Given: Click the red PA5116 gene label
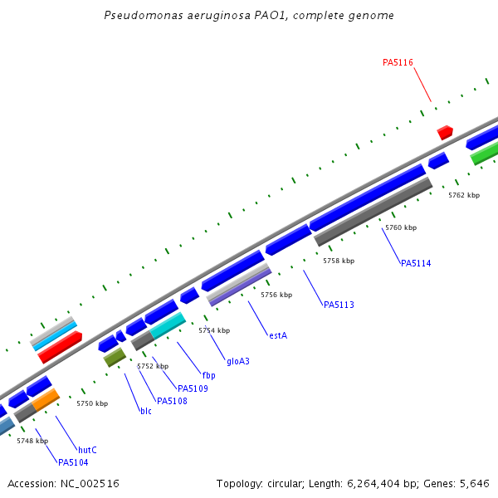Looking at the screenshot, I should [x=398, y=62].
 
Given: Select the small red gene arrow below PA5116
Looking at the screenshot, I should [x=445, y=132].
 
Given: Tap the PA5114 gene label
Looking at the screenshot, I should [x=416, y=263].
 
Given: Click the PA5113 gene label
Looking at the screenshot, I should [x=339, y=305].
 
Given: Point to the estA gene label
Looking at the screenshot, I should [x=278, y=335].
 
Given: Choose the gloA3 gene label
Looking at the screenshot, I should [x=238, y=361].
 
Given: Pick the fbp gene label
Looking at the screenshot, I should [x=208, y=375].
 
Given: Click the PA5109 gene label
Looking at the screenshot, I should [x=193, y=388].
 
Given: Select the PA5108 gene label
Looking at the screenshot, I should [x=172, y=401].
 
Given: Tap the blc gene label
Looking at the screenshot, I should [x=146, y=411].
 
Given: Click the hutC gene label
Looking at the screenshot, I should [x=87, y=450].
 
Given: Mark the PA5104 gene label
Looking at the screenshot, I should [x=72, y=462].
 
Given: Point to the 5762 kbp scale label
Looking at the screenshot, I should [x=464, y=195].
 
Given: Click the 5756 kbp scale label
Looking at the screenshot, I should [x=276, y=295].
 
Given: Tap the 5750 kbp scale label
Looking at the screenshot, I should [x=92, y=403].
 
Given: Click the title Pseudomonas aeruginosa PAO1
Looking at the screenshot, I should [x=249, y=16].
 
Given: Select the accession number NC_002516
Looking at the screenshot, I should [x=63, y=483].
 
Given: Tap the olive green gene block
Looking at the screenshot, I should [x=115, y=357].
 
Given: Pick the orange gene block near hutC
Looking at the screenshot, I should [x=46, y=400].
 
